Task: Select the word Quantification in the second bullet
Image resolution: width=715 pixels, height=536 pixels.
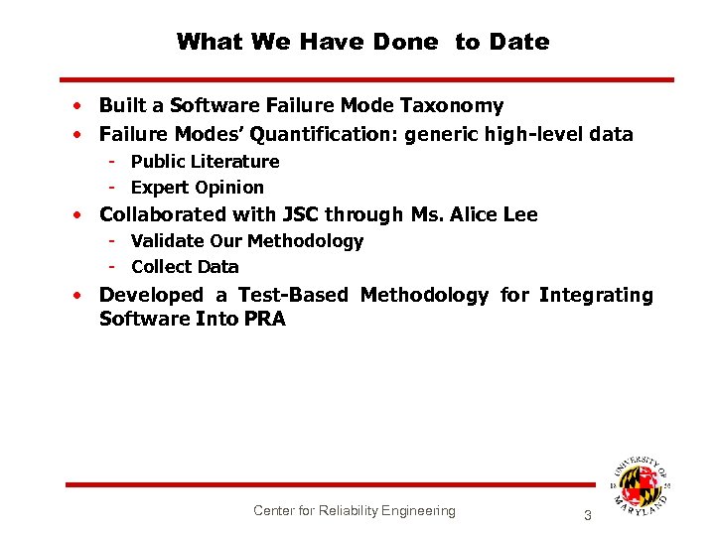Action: pos(320,134)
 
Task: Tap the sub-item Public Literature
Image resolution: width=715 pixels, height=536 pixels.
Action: pos(205,162)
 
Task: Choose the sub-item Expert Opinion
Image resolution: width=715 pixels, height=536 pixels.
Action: pos(197,188)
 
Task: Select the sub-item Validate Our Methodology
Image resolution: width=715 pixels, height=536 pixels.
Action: pos(246,241)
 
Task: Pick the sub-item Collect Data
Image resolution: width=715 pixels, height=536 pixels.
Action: pos(185,267)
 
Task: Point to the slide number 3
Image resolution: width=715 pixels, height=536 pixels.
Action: pos(587,515)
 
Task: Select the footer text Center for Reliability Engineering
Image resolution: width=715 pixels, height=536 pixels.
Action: pos(354,510)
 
